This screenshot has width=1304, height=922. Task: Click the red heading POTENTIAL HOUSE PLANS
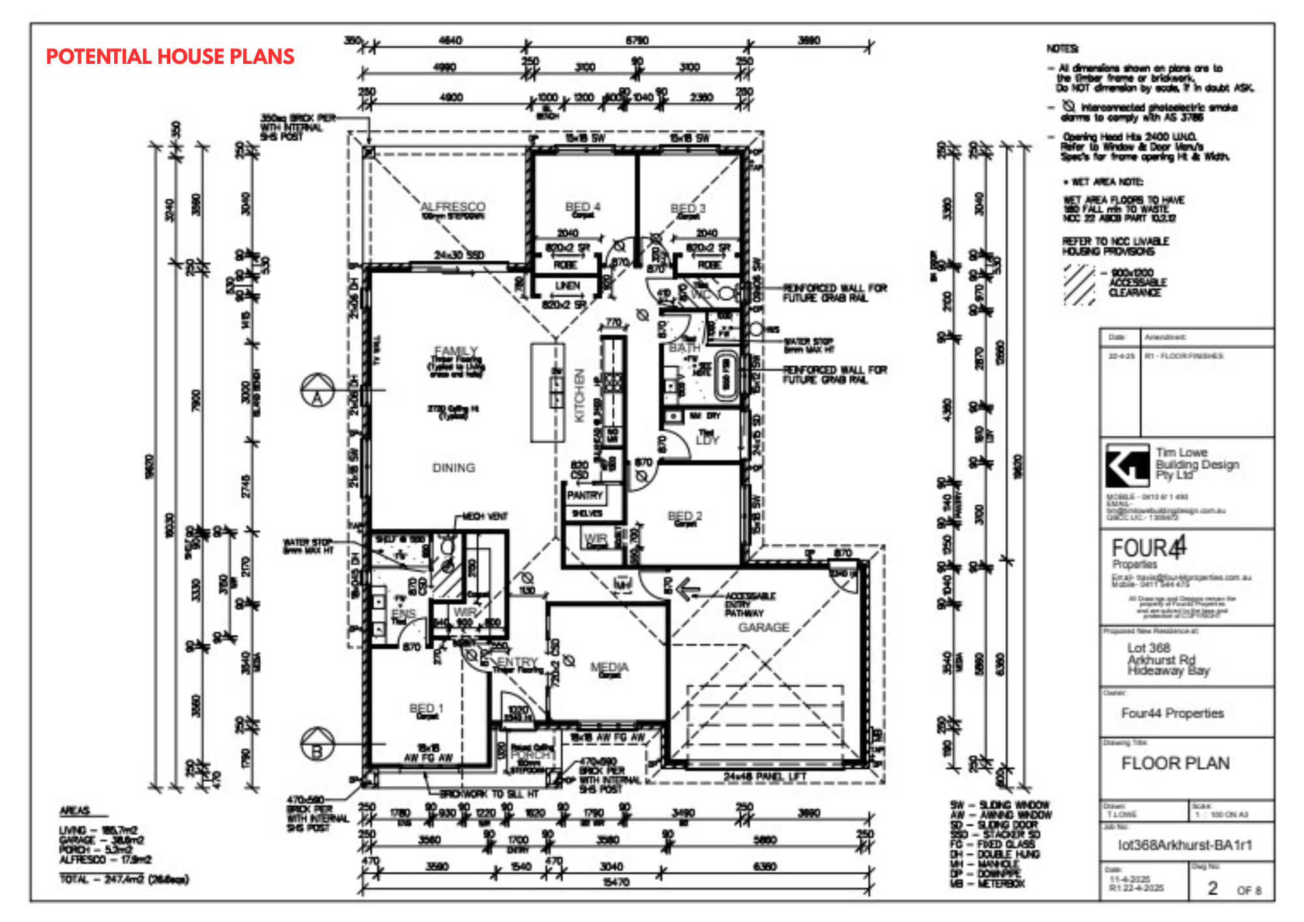[170, 57]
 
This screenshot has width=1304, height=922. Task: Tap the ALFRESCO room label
[452, 207]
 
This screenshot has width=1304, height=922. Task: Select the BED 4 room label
[583, 207]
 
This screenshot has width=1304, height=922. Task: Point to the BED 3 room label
[688, 208]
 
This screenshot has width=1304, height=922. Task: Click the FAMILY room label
[456, 351]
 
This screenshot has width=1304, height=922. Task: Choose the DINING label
[454, 468]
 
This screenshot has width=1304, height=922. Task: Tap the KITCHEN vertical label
[579, 396]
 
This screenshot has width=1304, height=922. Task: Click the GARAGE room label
[763, 627]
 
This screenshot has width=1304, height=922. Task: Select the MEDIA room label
[609, 666]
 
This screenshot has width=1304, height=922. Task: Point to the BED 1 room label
[426, 708]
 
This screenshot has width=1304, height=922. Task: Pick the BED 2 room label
[685, 516]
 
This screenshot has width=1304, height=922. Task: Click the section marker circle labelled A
[318, 391]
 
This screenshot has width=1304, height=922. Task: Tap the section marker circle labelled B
[318, 744]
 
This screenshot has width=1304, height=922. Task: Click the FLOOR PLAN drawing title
[1175, 763]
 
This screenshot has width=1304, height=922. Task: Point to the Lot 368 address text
[1149, 647]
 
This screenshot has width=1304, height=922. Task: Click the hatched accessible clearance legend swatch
[1079, 284]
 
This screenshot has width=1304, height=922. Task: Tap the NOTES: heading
[1062, 49]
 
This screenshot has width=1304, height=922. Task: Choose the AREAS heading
[75, 810]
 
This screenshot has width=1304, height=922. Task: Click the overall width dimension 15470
[615, 882]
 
